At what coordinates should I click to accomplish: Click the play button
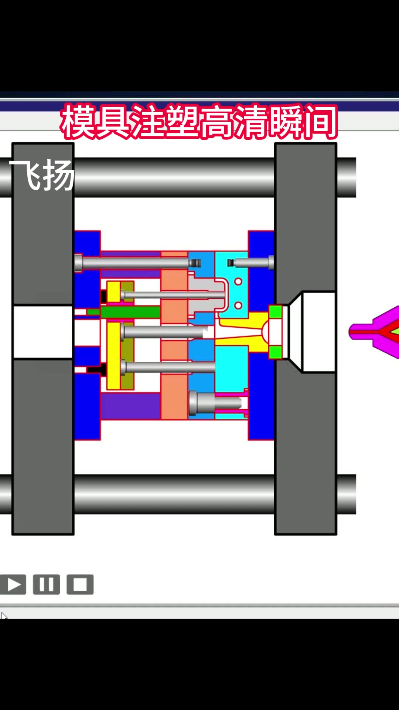pyautogui.click(x=13, y=585)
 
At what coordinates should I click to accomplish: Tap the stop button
pyautogui.click(x=80, y=585)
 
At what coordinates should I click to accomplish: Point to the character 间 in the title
pyautogui.click(x=320, y=121)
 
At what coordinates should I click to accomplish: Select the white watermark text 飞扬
pyautogui.click(x=42, y=175)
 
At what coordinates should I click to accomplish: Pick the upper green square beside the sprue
pyautogui.click(x=275, y=312)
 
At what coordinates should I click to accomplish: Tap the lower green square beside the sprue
pyautogui.click(x=275, y=352)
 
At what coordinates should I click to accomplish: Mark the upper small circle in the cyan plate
pyautogui.click(x=238, y=282)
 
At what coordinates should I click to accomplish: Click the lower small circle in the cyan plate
pyautogui.click(x=238, y=305)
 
